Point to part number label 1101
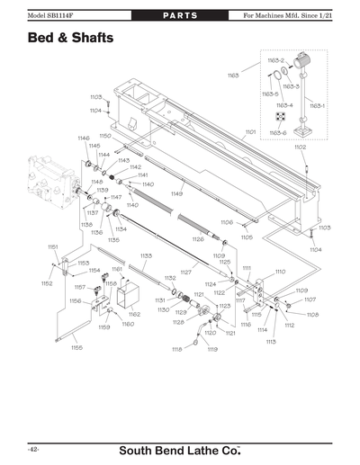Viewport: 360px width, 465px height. [x=250, y=131]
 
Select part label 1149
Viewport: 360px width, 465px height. [x=176, y=193]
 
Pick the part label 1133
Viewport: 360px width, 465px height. [x=145, y=255]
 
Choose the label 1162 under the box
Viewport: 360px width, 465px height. [x=134, y=314]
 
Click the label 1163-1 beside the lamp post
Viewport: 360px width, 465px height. [x=318, y=106]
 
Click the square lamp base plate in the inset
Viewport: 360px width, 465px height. [x=306, y=134]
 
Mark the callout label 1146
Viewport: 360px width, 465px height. [x=84, y=139]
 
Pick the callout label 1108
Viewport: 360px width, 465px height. [x=313, y=315]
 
